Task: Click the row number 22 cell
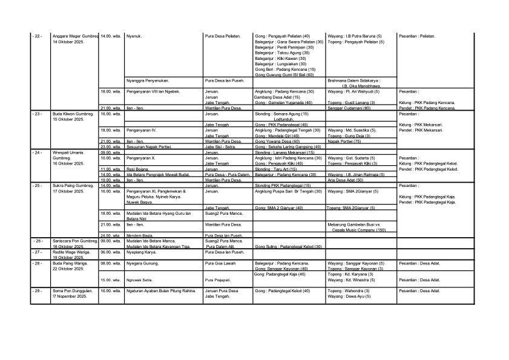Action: click(38, 36)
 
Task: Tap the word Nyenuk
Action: click(134, 36)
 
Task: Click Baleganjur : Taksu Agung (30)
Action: click(282, 53)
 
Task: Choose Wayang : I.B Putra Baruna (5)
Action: click(354, 36)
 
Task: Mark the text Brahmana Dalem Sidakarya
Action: click(354, 80)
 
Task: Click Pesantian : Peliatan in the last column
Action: click(417, 36)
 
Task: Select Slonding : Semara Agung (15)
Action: click(281, 113)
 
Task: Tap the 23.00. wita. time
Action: click(111, 146)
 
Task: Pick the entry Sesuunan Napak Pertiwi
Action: click(149, 146)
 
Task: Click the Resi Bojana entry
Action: click(136, 169)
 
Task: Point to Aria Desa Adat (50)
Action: click(345, 180)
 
